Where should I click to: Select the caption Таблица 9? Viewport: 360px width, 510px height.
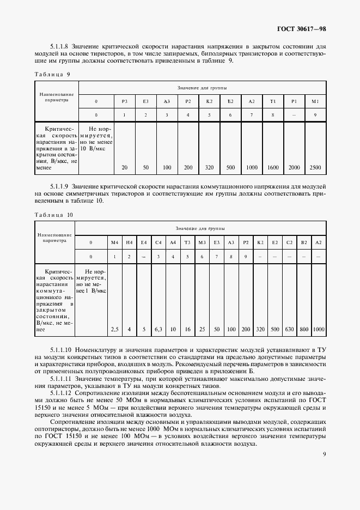pyautogui.click(x=52, y=74)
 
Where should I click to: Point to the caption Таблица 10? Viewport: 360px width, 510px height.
pyautogui.click(x=54, y=215)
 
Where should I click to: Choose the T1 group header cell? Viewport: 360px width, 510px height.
pyautogui.click(x=272, y=101)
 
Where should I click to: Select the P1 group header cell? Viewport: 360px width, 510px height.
pyautogui.click(x=294, y=101)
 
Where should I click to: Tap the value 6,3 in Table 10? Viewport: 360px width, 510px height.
pyautogui.click(x=158, y=329)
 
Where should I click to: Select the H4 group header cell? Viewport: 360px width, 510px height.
pyautogui.click(x=129, y=241)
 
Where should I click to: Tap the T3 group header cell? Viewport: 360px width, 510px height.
pyautogui.click(x=187, y=241)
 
